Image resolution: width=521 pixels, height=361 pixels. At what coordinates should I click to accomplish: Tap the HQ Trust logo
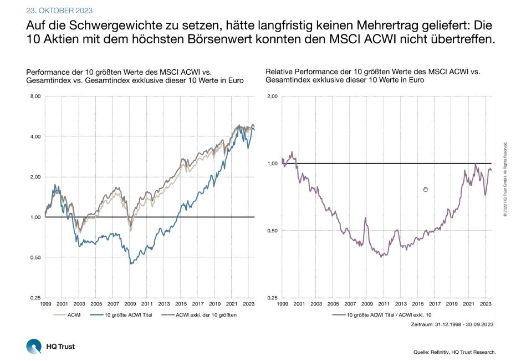click(x=50, y=347)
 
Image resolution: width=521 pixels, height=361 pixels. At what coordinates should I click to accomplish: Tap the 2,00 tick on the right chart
click(x=272, y=96)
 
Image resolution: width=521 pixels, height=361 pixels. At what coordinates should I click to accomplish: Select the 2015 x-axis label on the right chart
click(x=418, y=304)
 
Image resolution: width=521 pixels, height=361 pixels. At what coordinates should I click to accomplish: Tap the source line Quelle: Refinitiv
click(x=454, y=352)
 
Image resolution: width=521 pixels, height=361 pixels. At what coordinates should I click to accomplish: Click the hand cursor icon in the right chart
click(x=425, y=190)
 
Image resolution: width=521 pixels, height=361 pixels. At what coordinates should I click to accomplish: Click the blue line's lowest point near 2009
click(x=130, y=263)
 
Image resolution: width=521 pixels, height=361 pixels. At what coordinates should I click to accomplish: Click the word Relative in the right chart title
click(x=278, y=72)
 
